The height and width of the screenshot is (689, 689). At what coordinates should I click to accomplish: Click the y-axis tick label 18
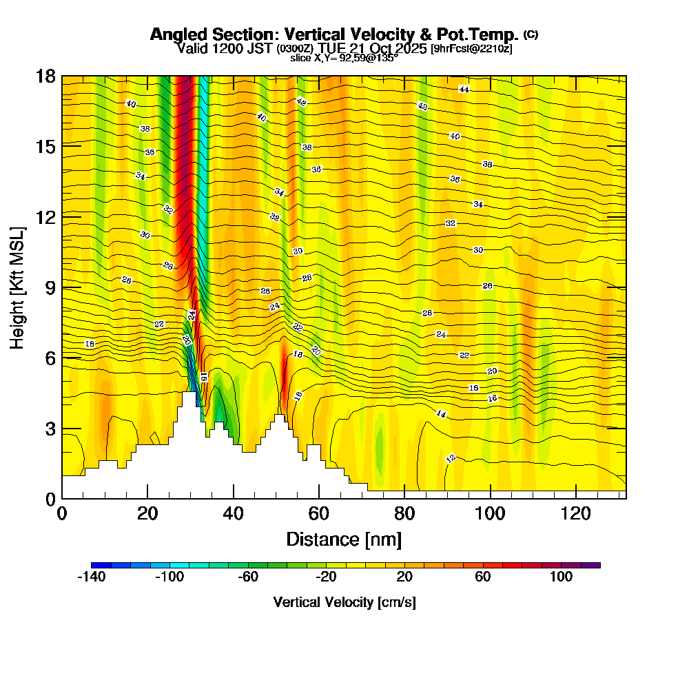coord(45,76)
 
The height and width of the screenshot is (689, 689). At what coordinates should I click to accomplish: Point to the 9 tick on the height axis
coord(50,287)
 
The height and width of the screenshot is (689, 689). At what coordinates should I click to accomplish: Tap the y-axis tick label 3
coord(50,428)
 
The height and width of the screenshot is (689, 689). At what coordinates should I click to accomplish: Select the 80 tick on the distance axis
coord(404,513)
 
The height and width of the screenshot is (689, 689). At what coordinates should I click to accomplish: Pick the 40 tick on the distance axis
coord(234,513)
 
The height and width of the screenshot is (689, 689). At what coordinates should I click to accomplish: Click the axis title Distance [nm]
coord(344,539)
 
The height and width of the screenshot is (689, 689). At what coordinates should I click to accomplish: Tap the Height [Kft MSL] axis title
coord(17,287)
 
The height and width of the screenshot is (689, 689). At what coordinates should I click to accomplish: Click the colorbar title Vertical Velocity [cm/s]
coord(344,602)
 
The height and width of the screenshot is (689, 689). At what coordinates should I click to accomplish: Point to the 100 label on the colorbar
coord(561,577)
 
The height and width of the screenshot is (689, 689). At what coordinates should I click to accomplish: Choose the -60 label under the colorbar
coord(247,577)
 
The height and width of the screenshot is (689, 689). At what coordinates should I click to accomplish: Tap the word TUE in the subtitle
coord(333,48)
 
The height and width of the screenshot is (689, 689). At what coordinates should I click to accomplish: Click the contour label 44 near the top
coord(464,90)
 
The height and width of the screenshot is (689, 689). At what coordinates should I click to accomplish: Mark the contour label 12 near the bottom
coord(451,458)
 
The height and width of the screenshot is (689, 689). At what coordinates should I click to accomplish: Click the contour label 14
coord(441,413)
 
